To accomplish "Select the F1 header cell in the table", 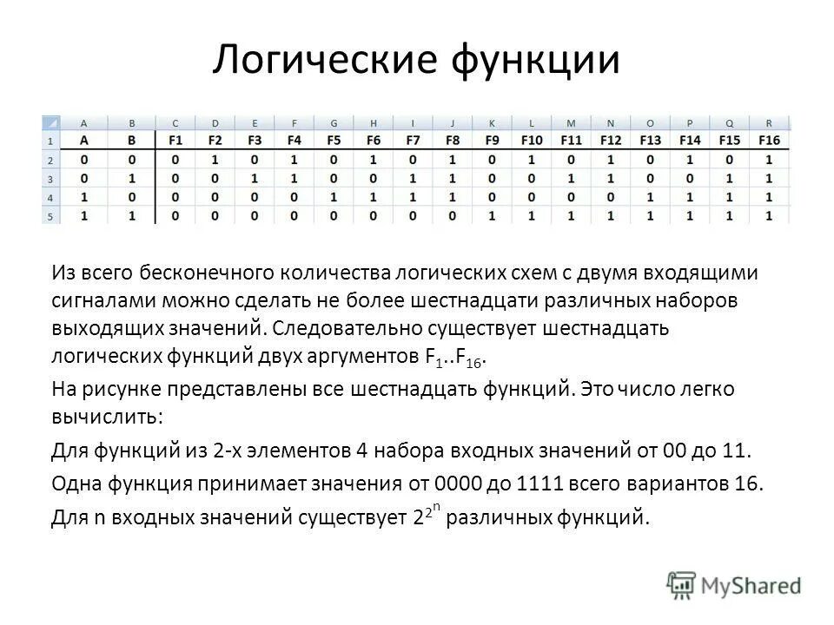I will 176,141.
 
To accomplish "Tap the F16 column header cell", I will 769,141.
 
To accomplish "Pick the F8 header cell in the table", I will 452,141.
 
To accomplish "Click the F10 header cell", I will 531,141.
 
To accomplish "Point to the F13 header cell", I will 650,141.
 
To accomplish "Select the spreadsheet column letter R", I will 769,122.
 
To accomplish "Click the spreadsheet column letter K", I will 492,122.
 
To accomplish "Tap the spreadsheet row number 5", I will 50,215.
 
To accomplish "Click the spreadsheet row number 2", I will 50,161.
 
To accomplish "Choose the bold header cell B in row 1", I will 132,141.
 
